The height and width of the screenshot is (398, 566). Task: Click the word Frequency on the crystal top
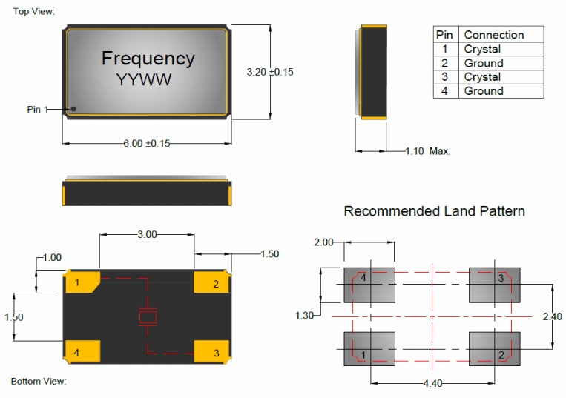click(148, 58)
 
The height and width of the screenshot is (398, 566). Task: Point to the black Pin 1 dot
click(73, 109)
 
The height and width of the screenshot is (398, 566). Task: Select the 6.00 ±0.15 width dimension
click(147, 143)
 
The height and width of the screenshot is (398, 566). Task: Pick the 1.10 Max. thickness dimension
click(428, 151)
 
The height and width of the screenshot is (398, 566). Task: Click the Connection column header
click(493, 35)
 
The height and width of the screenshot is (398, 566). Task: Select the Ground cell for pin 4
click(484, 91)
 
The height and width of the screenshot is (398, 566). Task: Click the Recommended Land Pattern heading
click(434, 211)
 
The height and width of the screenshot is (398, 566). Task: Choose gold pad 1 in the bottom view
click(82, 282)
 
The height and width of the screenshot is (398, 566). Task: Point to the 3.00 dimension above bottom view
click(147, 234)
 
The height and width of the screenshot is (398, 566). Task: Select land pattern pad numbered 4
click(369, 285)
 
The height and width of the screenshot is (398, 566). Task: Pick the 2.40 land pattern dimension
click(553, 316)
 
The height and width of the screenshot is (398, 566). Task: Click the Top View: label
click(33, 11)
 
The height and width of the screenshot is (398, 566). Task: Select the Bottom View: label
click(39, 382)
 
